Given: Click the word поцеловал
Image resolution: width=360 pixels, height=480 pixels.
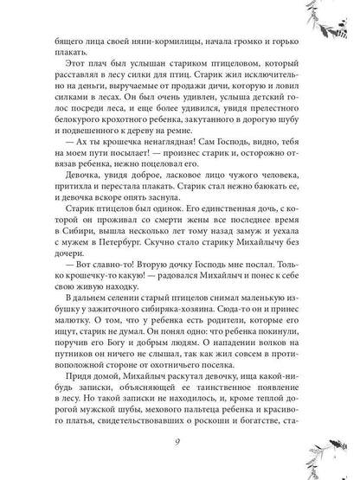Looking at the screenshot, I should pyautogui.click(x=208, y=159).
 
